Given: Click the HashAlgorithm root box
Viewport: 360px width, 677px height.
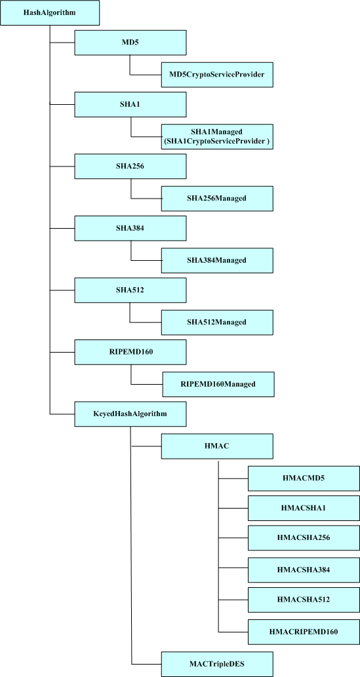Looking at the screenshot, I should tap(50, 13).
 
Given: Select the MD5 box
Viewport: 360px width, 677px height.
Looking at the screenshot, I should tap(130, 43).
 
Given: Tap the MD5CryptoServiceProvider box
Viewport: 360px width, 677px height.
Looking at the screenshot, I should tap(217, 75).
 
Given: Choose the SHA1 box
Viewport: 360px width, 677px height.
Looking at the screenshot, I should tap(130, 105).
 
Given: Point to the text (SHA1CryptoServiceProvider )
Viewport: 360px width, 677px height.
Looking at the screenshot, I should tap(217, 142).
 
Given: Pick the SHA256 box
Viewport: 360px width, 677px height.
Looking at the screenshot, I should tap(130, 166).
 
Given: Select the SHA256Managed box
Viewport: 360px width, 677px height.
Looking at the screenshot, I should tap(217, 198).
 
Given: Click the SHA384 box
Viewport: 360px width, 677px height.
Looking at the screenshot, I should tap(130, 228).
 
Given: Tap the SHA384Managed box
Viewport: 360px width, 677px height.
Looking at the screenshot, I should tap(217, 260).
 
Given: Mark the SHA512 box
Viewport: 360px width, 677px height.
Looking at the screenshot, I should tap(130, 290).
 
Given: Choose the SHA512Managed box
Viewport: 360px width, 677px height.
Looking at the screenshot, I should tap(217, 322).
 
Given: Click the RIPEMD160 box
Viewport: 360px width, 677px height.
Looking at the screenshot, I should tap(130, 352).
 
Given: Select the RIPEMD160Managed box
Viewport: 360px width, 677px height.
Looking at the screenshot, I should tap(218, 383).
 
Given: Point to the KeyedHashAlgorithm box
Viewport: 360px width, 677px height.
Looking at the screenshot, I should tap(130, 414).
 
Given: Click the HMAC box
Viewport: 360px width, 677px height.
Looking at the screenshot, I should tap(217, 446).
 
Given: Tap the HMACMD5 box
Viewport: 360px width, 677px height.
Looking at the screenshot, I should tap(304, 478).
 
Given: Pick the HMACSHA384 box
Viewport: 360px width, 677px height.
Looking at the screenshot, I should tap(304, 570).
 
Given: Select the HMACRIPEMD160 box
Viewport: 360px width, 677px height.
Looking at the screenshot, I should tap(304, 631).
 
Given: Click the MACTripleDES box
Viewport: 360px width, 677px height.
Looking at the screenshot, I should tap(217, 663).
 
